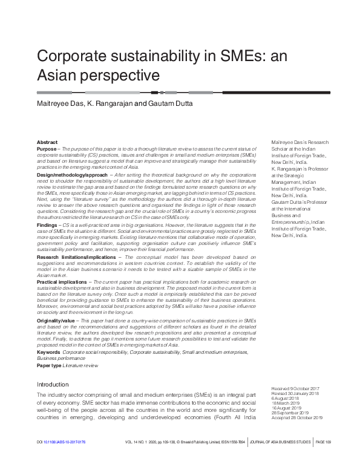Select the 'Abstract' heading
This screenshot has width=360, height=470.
(x=47, y=141)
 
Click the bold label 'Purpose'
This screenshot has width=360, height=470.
(x=48, y=148)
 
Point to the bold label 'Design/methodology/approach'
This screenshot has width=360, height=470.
(x=73, y=174)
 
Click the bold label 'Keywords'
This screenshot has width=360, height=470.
(x=48, y=351)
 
